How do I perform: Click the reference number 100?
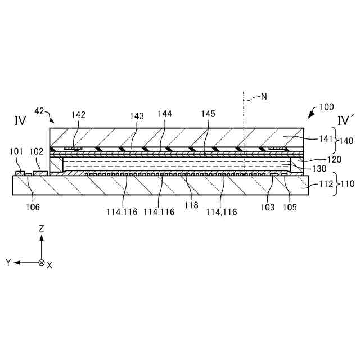(x=327, y=106)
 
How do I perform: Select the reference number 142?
(x=78, y=115)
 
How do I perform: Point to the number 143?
(x=137, y=116)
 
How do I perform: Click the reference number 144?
(x=165, y=114)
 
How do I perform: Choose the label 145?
(x=208, y=114)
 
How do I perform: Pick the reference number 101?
(x=16, y=151)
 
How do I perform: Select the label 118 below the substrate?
(x=191, y=206)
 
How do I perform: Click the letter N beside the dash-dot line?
(x=263, y=97)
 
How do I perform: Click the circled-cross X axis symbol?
(x=41, y=263)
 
